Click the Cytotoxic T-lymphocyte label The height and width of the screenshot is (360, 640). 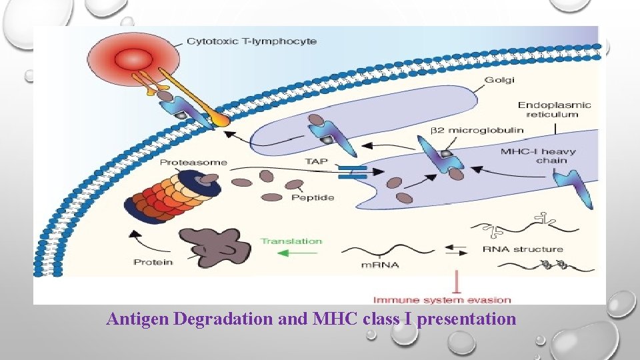pos(251,41)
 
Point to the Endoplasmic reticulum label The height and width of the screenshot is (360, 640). pos(555,109)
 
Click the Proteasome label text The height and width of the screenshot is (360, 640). pos(193,162)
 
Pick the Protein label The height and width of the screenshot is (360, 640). pos(153,262)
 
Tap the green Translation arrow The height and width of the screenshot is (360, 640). pos(290,253)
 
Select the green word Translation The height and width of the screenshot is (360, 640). pos(291,241)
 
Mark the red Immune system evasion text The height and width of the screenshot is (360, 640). pos(442,300)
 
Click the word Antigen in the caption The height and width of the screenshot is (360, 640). pos(137,319)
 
